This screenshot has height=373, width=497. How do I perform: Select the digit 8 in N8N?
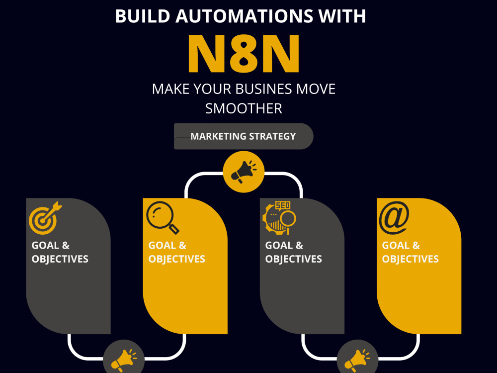pyautogui.click(x=244, y=54)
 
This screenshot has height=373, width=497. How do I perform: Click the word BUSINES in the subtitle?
pyautogui.click(x=265, y=89)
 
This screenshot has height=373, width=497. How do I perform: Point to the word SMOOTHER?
pyautogui.click(x=244, y=109)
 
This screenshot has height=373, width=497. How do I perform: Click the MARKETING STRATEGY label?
pyautogui.click(x=243, y=136)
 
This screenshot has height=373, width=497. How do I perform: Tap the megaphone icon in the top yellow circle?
pyautogui.click(x=244, y=172)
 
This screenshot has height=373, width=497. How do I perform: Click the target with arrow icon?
pyautogui.click(x=45, y=218)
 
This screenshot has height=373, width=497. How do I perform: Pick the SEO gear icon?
pyautogui.click(x=279, y=218)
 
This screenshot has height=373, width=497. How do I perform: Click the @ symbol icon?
pyautogui.click(x=394, y=218)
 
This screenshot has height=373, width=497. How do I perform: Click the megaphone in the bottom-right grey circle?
pyautogui.click(x=357, y=361)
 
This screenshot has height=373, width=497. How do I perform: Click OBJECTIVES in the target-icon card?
pyautogui.click(x=60, y=259)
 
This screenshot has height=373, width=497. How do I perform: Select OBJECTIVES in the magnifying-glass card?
pyautogui.click(x=177, y=259)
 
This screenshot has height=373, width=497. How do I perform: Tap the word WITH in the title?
pyautogui.click(x=342, y=16)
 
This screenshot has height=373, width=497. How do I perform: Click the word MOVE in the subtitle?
pyautogui.click(x=316, y=89)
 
